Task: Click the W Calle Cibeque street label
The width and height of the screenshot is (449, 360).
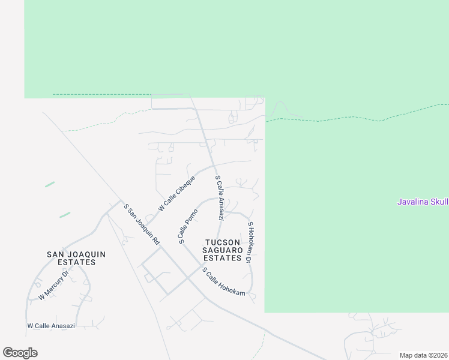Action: (x=177, y=193)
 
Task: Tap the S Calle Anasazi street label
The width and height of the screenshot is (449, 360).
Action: (x=219, y=197)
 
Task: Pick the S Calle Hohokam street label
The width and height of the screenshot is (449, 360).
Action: (x=223, y=281)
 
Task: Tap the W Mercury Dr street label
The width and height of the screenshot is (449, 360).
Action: (x=54, y=284)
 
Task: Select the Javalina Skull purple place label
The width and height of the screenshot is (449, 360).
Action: (x=423, y=202)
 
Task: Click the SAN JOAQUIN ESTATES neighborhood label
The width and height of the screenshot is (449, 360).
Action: (x=76, y=258)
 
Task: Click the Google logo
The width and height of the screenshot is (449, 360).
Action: (x=20, y=353)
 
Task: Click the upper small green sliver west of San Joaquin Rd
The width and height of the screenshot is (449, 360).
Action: (x=50, y=184)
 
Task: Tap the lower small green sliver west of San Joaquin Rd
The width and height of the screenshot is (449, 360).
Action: (x=65, y=214)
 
